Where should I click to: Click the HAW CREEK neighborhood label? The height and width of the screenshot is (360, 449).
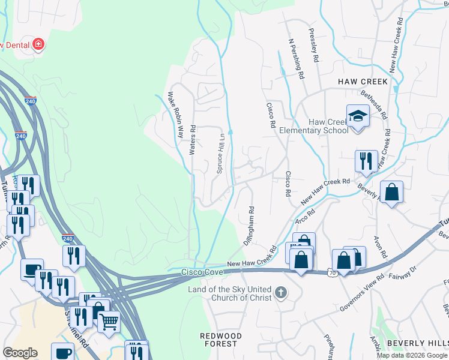[363, 81]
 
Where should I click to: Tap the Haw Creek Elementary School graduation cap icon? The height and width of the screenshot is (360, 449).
[357, 115]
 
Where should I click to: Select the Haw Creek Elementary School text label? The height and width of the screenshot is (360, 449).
[328, 126]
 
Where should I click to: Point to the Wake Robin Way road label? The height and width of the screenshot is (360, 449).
[175, 115]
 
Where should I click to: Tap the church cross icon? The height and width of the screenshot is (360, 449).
[280, 293]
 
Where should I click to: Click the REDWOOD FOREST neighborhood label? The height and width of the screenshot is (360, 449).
[221, 340]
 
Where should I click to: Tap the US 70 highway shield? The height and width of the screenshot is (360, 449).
[332, 273]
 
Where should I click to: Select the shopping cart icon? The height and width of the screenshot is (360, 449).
[108, 322]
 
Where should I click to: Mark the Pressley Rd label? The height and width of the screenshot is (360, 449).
[313, 46]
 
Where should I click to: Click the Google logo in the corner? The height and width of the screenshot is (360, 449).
[20, 353]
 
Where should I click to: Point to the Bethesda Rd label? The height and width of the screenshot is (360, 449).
[373, 103]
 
